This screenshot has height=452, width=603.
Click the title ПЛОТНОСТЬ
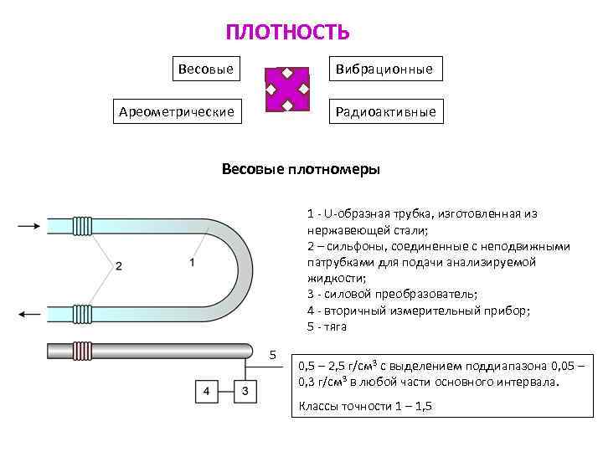[x=287, y=33]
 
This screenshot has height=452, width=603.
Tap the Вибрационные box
[x=384, y=69]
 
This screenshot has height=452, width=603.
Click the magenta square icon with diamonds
[x=287, y=90]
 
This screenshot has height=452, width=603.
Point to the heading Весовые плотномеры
[x=301, y=169]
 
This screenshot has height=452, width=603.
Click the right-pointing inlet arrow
[x=28, y=225]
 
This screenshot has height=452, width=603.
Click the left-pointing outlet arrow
[x=28, y=314]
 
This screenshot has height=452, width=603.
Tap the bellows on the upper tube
[x=82, y=225]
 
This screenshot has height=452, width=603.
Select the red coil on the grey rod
[x=82, y=350]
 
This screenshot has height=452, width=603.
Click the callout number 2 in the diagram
[x=119, y=266]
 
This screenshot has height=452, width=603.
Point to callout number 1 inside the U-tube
[x=192, y=262]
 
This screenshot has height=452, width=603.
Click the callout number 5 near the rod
[x=272, y=355]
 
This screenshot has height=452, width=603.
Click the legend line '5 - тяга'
[x=327, y=326]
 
